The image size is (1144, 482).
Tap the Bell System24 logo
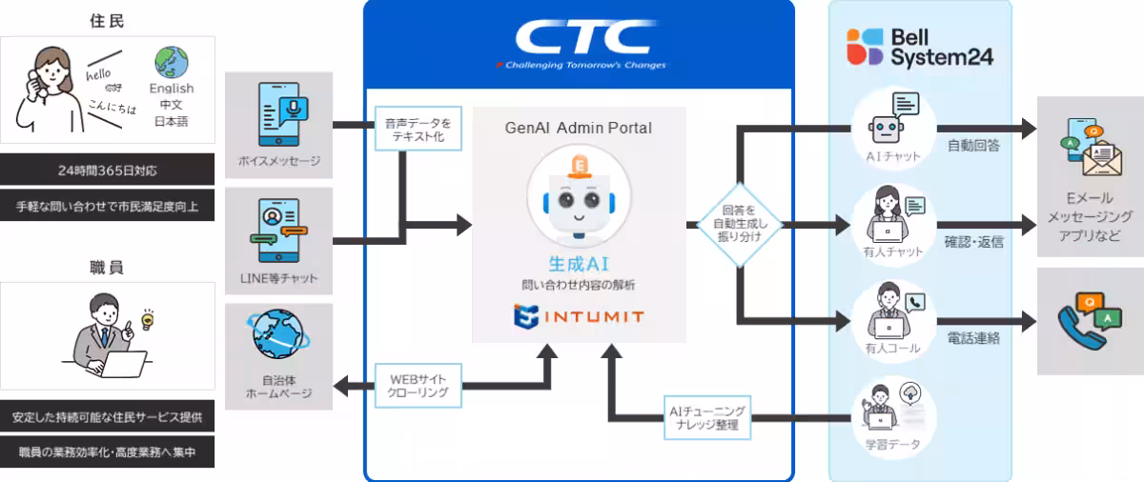click(920, 47)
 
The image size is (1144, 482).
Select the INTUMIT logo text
click(579, 316)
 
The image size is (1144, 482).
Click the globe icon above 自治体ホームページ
click(278, 336)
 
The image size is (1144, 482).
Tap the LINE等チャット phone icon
click(278, 231)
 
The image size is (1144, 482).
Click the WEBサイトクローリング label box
click(418, 386)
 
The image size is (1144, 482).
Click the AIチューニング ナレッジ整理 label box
click(706, 417)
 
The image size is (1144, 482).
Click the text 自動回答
click(973, 146)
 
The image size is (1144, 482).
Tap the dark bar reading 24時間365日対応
click(107, 171)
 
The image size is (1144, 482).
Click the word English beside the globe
click(172, 88)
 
